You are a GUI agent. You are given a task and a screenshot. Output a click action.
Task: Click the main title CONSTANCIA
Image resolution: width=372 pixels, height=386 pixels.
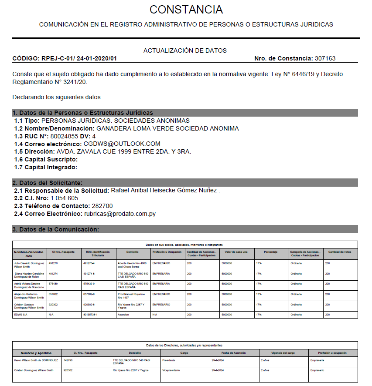(x=186, y=10)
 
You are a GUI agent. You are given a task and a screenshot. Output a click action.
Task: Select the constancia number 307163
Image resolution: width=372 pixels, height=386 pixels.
(x=325, y=58)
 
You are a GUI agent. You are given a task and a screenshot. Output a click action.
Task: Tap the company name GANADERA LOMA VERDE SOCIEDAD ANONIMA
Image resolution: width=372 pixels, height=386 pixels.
(x=167, y=128)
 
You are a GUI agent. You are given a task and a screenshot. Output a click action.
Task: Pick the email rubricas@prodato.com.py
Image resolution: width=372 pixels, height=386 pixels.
(x=120, y=214)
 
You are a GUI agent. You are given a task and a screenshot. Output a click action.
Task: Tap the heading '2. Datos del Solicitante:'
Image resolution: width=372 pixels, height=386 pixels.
(x=48, y=183)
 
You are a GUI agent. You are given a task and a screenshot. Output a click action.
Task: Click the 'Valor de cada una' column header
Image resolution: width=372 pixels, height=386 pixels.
(x=236, y=252)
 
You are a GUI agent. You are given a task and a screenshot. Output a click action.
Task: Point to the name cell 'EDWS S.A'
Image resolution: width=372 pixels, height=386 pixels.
(x=21, y=314)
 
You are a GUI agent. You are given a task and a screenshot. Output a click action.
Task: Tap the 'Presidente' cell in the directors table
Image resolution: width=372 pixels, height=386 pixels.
(x=168, y=360)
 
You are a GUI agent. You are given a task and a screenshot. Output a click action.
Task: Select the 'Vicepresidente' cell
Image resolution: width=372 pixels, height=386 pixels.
(x=171, y=370)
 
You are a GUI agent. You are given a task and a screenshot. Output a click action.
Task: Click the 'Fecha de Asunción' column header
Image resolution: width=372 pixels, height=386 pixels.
(x=235, y=353)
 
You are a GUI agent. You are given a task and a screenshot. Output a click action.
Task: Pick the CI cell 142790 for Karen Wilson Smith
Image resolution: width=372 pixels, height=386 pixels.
(x=68, y=360)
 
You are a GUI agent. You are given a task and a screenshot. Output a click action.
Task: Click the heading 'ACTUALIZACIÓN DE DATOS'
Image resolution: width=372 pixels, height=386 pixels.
(x=185, y=50)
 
